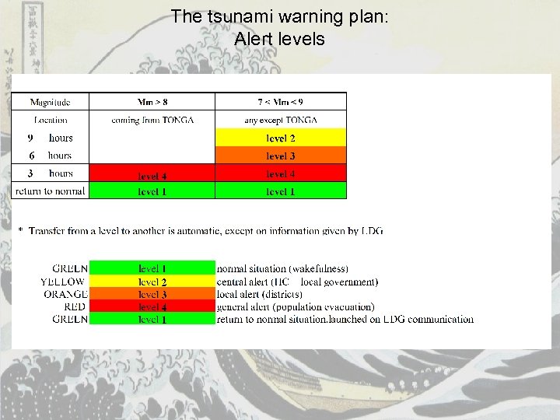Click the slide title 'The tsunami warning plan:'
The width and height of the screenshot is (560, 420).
click(279, 16)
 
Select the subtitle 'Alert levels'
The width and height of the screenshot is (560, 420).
click(279, 38)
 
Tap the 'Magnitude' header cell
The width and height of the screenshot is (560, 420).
click(51, 102)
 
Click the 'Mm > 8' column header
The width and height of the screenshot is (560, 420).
click(152, 102)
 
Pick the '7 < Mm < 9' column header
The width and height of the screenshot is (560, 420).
click(280, 102)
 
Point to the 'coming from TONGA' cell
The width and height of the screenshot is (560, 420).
click(152, 120)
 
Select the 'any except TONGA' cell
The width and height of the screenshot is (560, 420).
click(280, 120)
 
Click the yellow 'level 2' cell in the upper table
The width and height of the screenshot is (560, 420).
click(280, 138)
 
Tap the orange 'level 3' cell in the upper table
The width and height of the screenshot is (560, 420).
click(280, 156)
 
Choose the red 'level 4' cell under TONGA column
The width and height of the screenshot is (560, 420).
click(152, 174)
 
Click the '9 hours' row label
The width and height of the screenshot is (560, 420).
click(51, 138)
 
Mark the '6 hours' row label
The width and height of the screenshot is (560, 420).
click(51, 156)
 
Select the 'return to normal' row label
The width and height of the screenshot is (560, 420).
click(51, 191)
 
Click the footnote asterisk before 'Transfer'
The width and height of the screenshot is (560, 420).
click(21, 231)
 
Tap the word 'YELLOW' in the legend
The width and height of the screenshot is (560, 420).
click(64, 282)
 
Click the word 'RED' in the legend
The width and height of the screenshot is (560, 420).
click(76, 306)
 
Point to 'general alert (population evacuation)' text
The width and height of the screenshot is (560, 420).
click(296, 306)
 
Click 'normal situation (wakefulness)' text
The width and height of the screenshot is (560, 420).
click(282, 268)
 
